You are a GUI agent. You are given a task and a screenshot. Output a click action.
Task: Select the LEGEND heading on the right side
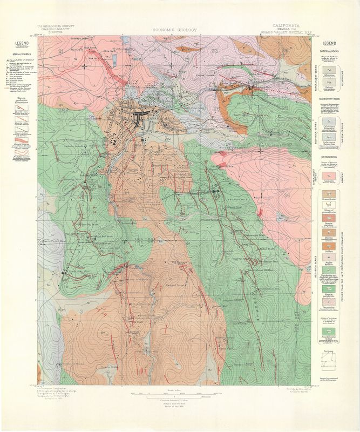coord(329,43)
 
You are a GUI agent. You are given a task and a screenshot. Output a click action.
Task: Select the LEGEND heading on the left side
coord(22,43)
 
